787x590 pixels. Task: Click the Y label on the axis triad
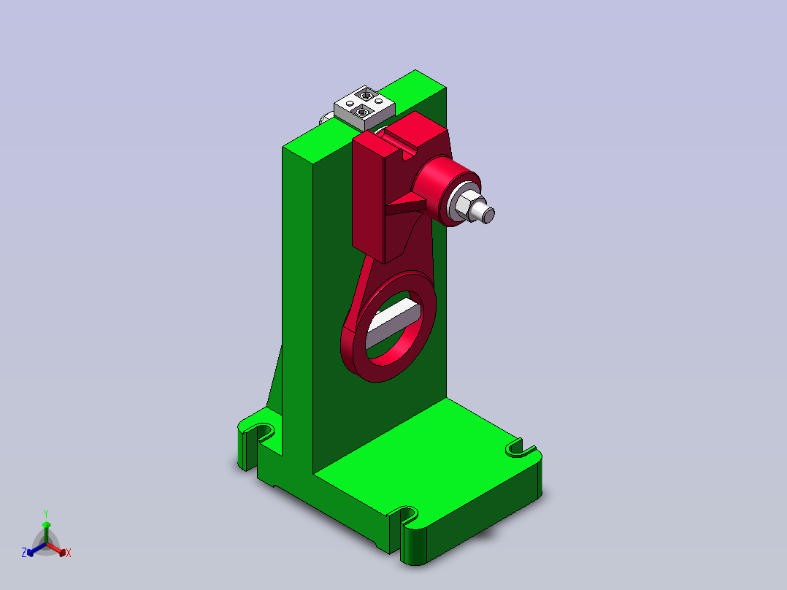(x=45, y=513)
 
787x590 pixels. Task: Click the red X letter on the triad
(x=69, y=553)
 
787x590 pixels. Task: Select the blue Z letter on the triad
(x=24, y=553)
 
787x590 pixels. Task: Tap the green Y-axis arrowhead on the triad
(x=45, y=525)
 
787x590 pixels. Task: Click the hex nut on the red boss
(x=466, y=204)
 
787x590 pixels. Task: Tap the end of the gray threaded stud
(x=488, y=213)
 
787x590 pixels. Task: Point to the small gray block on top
(x=364, y=107)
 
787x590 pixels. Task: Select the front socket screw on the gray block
(x=363, y=111)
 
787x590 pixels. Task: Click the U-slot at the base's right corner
(x=520, y=448)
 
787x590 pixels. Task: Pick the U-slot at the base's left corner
(x=257, y=432)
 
